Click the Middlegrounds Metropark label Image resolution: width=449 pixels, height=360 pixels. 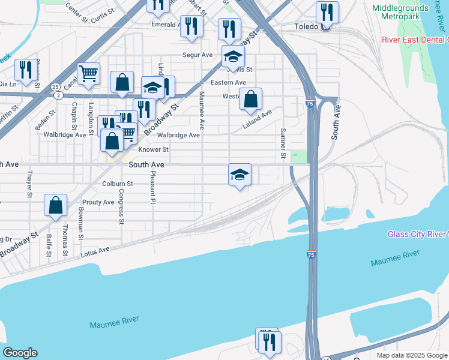click(400, 14)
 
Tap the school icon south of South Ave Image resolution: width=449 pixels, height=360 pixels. click(240, 175)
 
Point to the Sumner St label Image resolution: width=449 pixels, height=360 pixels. click(282, 144)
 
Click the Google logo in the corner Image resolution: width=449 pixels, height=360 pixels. click(20, 353)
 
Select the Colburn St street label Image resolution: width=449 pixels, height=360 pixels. click(117, 184)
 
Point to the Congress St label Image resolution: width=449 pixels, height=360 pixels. click(121, 206)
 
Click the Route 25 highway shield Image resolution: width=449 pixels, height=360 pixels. click(55, 87)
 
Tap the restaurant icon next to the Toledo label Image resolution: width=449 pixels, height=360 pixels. click(327, 11)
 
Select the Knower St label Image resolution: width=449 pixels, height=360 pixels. click(154, 149)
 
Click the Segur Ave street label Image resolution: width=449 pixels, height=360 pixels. click(198, 55)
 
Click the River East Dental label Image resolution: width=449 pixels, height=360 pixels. click(415, 40)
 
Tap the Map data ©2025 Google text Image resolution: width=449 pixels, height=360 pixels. click(411, 355)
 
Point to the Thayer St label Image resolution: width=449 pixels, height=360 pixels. click(29, 184)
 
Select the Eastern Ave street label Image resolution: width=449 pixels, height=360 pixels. click(231, 83)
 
